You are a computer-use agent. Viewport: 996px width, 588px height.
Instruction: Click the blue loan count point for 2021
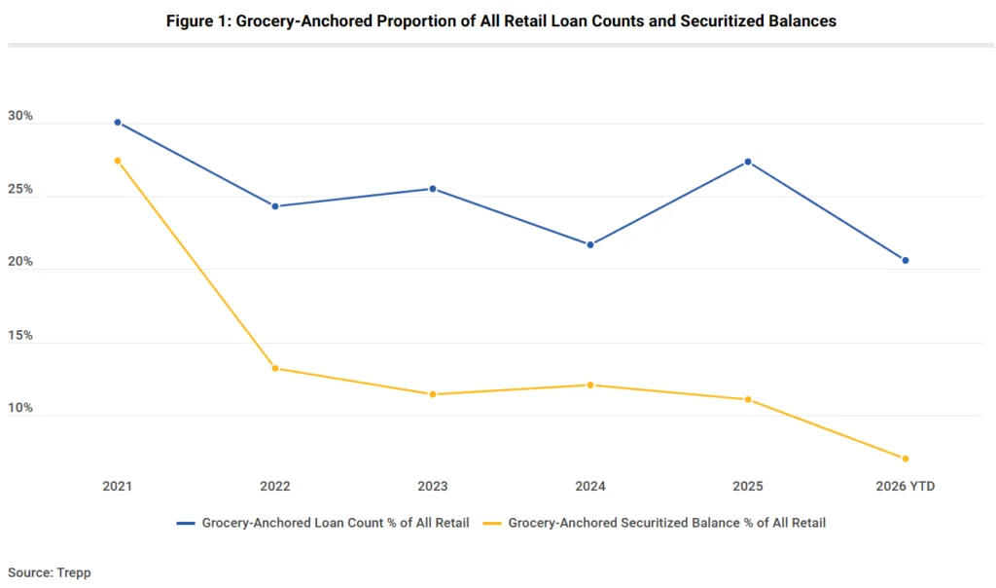click(118, 123)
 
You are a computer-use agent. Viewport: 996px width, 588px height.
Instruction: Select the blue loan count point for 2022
click(275, 206)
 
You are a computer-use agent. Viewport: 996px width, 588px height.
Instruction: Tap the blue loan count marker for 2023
click(433, 189)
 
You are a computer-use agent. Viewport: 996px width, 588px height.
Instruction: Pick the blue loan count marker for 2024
click(590, 244)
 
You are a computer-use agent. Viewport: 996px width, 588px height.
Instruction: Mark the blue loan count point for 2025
click(748, 162)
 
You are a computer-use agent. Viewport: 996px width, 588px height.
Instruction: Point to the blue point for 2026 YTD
click(906, 260)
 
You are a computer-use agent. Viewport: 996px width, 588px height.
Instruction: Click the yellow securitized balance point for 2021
click(118, 161)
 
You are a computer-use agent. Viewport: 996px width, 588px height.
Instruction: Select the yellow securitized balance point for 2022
click(275, 368)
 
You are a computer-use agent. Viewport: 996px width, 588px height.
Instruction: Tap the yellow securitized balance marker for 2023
click(433, 394)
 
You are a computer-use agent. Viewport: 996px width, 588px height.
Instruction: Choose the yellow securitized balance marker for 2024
click(590, 385)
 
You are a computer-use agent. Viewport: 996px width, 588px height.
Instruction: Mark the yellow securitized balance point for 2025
click(748, 399)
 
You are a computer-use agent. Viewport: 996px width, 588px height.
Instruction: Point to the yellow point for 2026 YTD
click(906, 459)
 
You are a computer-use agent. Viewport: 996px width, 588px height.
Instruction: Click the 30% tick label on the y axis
click(20, 116)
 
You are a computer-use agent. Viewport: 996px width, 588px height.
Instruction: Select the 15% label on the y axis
click(20, 335)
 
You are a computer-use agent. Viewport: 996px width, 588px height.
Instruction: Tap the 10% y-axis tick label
click(20, 408)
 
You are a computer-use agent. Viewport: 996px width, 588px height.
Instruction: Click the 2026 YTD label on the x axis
click(906, 486)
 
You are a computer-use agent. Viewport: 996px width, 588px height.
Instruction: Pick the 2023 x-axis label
click(433, 486)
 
